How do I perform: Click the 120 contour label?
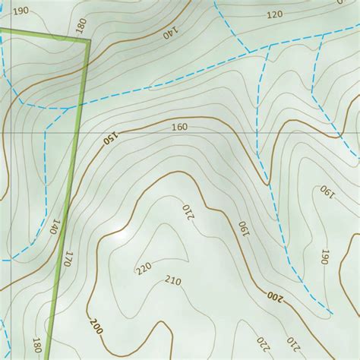pyautogui.click(x=274, y=14)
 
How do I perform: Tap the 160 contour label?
pyautogui.click(x=179, y=127)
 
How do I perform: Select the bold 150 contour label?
pyautogui.click(x=111, y=140)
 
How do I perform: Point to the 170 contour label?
pyautogui.click(x=70, y=258)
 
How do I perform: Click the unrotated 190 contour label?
pyautogui.click(x=21, y=11)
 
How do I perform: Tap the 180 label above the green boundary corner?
pyautogui.click(x=81, y=27)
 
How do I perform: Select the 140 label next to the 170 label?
pyautogui.click(x=55, y=227)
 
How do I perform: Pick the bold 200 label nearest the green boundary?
pyautogui.click(x=96, y=327)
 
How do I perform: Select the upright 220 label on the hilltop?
pyautogui.click(x=144, y=269)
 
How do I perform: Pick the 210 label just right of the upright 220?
pyautogui.click(x=172, y=282)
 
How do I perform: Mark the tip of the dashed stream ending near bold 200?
pyautogui.click(x=328, y=313)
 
